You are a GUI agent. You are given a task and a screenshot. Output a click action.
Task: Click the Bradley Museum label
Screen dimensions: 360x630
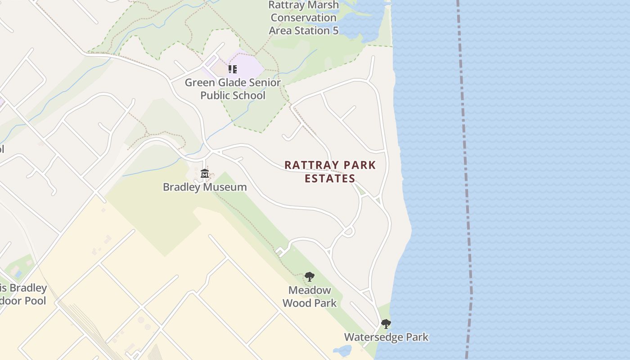click(205, 187)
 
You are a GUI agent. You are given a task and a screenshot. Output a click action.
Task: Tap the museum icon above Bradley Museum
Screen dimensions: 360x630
click(205, 173)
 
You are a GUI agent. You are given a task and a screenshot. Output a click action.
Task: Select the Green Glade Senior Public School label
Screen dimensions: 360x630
click(233, 89)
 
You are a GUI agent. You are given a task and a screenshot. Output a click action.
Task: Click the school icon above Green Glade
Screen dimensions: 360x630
click(232, 69)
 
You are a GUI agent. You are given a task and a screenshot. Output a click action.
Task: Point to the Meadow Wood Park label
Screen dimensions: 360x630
click(310, 297)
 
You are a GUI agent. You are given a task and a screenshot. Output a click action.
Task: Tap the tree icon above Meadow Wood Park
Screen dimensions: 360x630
click(309, 276)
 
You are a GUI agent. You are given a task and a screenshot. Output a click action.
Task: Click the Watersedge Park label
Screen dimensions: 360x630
click(386, 337)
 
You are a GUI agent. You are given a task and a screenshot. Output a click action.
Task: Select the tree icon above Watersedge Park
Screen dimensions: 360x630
click(386, 324)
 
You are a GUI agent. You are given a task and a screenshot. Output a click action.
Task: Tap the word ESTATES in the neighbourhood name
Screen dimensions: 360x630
click(330, 179)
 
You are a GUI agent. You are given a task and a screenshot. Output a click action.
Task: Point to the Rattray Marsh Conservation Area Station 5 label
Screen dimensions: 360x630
click(303, 18)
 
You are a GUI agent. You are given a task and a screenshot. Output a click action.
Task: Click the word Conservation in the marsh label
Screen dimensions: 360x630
click(303, 18)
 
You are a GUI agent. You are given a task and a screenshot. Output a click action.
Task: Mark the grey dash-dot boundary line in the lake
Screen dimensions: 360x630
click(467, 180)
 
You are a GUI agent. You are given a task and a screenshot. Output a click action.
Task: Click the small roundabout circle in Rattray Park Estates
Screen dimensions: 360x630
click(348, 232)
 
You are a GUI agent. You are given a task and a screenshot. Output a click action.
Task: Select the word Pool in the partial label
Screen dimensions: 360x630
click(35, 301)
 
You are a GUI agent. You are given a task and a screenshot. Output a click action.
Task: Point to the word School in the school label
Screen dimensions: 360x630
click(249, 95)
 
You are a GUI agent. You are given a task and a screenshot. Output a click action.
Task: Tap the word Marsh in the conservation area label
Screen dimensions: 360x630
click(323, 5)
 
